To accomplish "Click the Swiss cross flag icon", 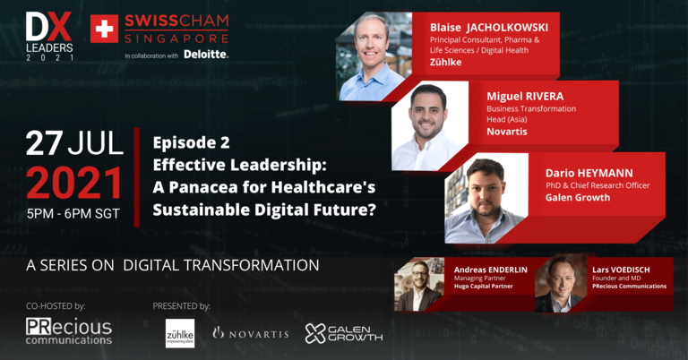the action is point(104,29).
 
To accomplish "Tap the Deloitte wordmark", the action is point(206,55).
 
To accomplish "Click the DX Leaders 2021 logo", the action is point(49,36).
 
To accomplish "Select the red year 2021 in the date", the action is point(74,184).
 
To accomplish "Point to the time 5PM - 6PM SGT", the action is point(73,214).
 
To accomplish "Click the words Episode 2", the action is point(192,142).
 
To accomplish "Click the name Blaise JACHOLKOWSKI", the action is point(489,28).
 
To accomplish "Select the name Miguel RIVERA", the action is point(525,96).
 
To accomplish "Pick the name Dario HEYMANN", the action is point(589,173).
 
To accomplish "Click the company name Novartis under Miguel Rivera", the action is point(507,132).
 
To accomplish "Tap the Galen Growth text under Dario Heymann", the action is point(578,197).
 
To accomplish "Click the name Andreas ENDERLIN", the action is point(491,270).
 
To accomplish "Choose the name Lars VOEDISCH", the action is point(621,270).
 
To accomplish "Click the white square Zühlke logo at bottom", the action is point(180,333).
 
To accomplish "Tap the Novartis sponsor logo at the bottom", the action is point(251,334).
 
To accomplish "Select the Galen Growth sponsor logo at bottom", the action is point(344,334).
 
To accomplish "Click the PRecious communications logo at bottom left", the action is point(69,331).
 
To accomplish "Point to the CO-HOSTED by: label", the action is point(56,306).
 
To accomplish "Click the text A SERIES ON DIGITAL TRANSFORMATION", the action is point(172,265).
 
